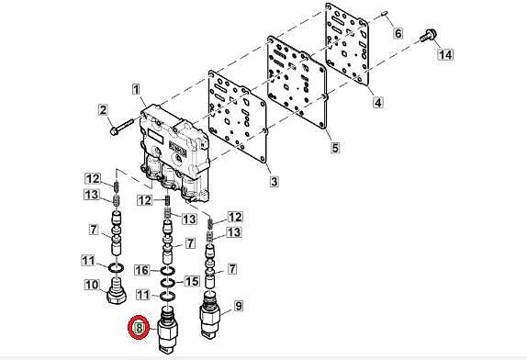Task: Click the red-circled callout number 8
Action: tap(139, 328)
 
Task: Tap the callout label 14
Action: tap(445, 54)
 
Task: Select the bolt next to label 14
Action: tap(429, 35)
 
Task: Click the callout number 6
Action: tap(398, 33)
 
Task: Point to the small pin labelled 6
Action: tap(384, 14)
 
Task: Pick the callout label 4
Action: tap(378, 102)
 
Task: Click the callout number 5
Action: tap(335, 148)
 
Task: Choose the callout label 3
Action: tap(275, 182)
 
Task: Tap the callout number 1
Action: tap(136, 90)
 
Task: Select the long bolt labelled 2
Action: tap(122, 127)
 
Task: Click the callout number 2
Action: tap(103, 110)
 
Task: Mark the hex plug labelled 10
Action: tap(117, 291)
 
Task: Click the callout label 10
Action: tap(92, 286)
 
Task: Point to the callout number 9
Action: tap(239, 306)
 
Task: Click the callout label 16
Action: tap(141, 270)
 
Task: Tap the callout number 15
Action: tap(192, 281)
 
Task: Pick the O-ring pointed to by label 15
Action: tap(167, 283)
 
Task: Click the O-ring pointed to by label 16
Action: tap(167, 270)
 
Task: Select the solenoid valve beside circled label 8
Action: tap(168, 330)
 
